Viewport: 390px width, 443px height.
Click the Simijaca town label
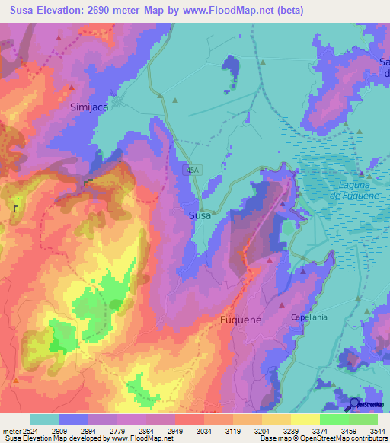tap(89, 107)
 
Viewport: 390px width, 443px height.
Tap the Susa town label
tap(199, 215)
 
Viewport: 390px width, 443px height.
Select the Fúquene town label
tap(240, 320)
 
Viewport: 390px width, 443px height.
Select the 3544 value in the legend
tap(378, 431)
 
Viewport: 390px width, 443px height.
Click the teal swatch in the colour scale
tap(45, 419)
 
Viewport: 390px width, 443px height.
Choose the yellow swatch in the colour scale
tap(305, 419)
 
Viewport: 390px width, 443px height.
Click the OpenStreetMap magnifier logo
tap(354, 404)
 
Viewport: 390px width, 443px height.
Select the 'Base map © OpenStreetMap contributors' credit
tap(322, 438)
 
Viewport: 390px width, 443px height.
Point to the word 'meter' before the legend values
tap(9, 431)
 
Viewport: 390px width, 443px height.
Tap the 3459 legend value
tap(334, 431)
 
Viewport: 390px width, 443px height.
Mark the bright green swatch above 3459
tap(334, 419)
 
